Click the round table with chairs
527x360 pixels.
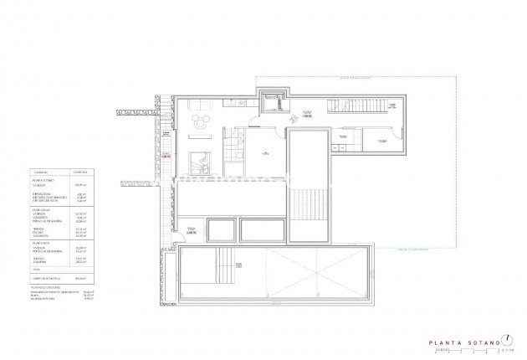200,126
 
